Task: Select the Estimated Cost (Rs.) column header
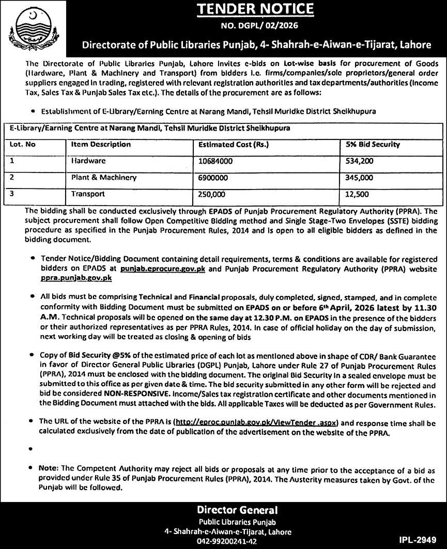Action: click(234, 145)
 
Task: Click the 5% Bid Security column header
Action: click(370, 145)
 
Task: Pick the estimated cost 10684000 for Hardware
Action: click(215, 161)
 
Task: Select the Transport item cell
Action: click(88, 194)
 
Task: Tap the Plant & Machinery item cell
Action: click(104, 178)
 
